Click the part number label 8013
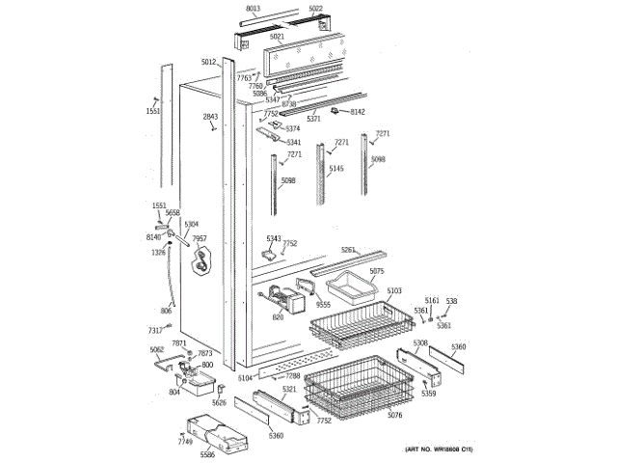click(254, 9)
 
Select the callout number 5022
click(316, 9)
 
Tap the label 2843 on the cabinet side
click(210, 117)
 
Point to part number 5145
click(335, 169)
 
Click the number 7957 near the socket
click(200, 238)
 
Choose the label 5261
click(348, 251)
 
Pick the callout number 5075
click(377, 271)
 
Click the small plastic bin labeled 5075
click(347, 286)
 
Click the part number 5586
click(207, 454)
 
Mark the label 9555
click(324, 305)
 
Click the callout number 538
click(451, 301)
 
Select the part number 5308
click(420, 343)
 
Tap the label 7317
click(154, 330)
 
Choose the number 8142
click(358, 112)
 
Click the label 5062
click(156, 349)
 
